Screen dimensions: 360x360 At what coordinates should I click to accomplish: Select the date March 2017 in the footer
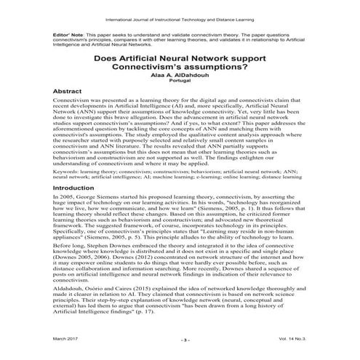click(47, 338)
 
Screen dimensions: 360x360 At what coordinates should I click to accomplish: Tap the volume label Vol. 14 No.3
click(306, 338)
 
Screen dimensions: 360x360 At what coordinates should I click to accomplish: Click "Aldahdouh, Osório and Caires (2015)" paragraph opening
click(81, 300)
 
